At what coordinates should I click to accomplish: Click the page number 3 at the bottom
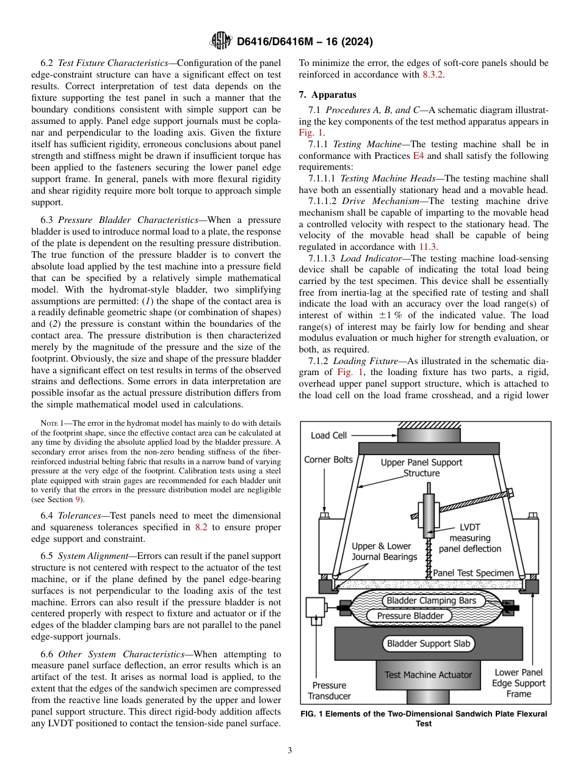[x=289, y=750]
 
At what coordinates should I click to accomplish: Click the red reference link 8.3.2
[x=433, y=74]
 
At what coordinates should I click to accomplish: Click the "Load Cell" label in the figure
[x=328, y=436]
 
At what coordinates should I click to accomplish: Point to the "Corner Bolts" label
[x=328, y=459]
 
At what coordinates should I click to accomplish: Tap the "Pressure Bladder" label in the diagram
[x=410, y=616]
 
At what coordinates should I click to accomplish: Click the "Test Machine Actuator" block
[x=428, y=675]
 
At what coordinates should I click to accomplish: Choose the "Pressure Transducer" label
[x=329, y=690]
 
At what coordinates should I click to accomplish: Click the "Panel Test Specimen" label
[x=473, y=574]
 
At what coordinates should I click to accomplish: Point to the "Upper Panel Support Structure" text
[x=421, y=468]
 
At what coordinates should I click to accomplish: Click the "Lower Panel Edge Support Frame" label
[x=518, y=683]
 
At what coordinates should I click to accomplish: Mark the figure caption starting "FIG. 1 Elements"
[x=423, y=718]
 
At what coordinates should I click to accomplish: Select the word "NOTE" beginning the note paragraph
[x=48, y=423]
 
